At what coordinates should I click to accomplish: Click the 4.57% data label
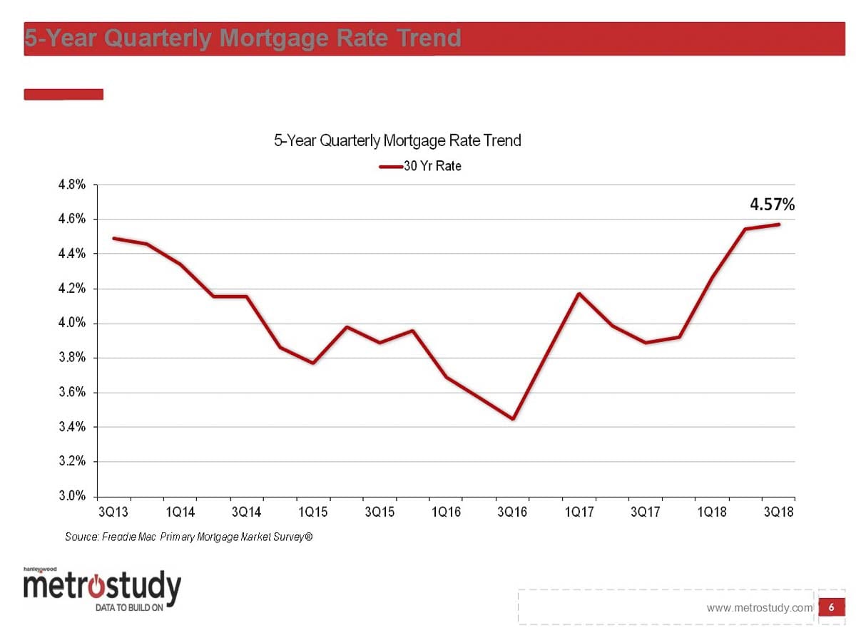[771, 205]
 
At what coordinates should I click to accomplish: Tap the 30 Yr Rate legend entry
[421, 167]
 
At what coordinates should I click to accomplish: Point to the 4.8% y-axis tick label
[72, 185]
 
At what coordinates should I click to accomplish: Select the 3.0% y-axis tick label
[72, 496]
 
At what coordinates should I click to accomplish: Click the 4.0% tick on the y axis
[72, 324]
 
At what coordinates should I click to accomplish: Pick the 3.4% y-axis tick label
[72, 427]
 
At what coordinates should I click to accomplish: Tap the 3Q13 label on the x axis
[113, 512]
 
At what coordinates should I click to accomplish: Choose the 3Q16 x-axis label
[512, 512]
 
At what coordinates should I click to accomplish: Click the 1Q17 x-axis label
[579, 512]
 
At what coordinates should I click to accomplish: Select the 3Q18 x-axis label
[778, 512]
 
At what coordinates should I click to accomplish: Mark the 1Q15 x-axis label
[313, 512]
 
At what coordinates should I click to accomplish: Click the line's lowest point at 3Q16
[512, 418]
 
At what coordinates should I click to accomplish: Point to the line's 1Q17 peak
[579, 294]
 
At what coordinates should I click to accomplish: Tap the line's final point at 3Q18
[778, 224]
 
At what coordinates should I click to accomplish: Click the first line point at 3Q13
[114, 238]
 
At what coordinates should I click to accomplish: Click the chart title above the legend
[397, 140]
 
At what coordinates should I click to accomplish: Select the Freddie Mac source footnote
[189, 537]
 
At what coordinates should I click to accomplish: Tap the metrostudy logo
[102, 589]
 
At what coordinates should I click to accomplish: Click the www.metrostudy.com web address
[760, 608]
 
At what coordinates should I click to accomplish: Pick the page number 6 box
[831, 607]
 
